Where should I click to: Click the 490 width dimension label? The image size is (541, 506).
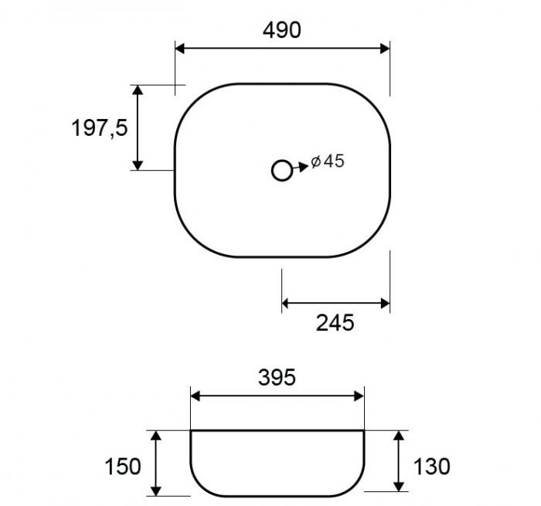(282, 30)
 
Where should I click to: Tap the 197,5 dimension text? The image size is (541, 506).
(100, 127)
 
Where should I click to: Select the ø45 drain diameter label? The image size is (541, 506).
(328, 161)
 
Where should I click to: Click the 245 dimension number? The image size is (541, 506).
(335, 323)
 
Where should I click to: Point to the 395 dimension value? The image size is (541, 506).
(277, 377)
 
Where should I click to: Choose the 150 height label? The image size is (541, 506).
(122, 467)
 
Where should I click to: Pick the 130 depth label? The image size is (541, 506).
(431, 467)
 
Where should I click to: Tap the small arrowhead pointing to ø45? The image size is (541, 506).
(304, 166)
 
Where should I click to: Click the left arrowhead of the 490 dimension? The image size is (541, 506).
(180, 49)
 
